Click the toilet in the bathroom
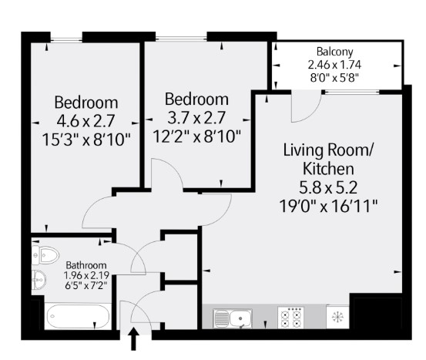click(x=45, y=255)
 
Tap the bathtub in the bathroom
click(x=78, y=316)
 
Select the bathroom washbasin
click(x=39, y=280)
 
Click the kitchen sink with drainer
click(x=233, y=318)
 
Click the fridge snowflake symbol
click(x=337, y=317)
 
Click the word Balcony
click(x=334, y=52)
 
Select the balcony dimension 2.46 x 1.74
click(x=334, y=65)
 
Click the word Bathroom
click(x=86, y=265)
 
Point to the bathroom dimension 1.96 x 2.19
click(x=86, y=275)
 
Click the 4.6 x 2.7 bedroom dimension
click(x=86, y=121)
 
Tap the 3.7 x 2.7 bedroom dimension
click(x=196, y=118)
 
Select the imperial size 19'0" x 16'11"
click(x=328, y=206)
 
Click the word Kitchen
click(x=328, y=169)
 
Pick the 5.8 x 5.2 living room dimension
click(x=328, y=187)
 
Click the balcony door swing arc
click(x=313, y=113)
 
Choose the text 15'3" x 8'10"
click(x=86, y=140)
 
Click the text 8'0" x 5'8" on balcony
click(x=334, y=78)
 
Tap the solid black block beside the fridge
click(x=378, y=313)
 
